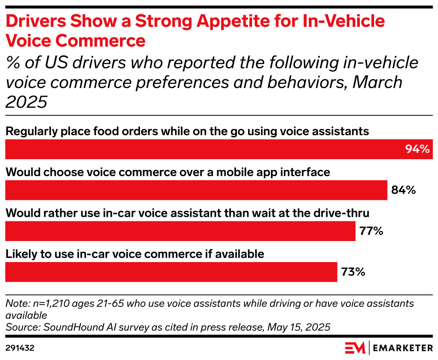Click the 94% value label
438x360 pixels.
[x=417, y=149]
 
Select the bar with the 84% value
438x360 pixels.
[x=196, y=190]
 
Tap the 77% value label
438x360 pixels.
[x=371, y=231]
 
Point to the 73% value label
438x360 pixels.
[x=353, y=272]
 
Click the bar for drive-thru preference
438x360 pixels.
[x=180, y=231]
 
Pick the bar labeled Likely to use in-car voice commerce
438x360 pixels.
[x=171, y=272]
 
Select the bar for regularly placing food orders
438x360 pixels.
[x=206, y=149]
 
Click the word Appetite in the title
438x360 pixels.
[x=211, y=21]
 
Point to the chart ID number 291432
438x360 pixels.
[x=20, y=347]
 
